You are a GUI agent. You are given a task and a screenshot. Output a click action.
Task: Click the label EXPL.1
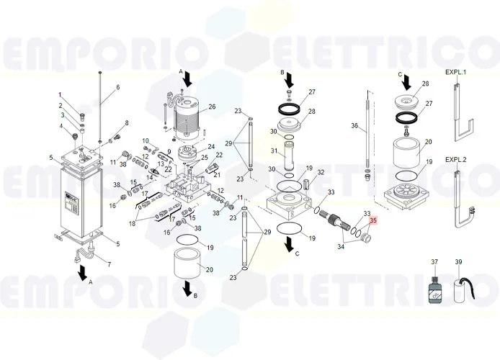(455, 73)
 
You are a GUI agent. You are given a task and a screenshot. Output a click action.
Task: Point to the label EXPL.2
(455, 158)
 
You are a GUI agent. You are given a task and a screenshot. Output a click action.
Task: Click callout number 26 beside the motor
(212, 107)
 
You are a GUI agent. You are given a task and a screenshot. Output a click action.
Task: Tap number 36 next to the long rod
(354, 126)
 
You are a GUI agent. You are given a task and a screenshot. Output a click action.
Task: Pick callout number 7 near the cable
(109, 264)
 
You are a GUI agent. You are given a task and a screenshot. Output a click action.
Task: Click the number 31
(274, 151)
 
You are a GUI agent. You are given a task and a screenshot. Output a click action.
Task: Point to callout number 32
(321, 172)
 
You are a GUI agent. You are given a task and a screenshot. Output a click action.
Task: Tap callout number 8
(127, 123)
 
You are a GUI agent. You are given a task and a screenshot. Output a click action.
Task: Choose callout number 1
(61, 96)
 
